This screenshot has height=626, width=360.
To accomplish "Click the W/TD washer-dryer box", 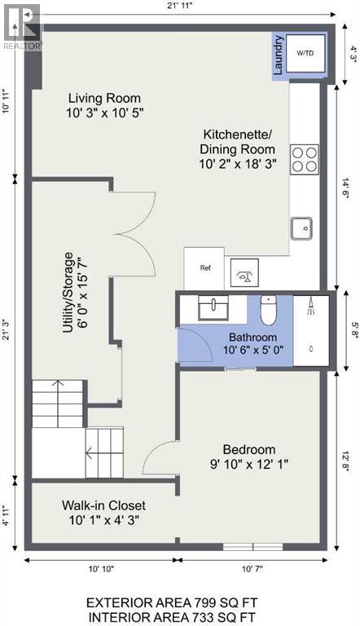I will point(305,55).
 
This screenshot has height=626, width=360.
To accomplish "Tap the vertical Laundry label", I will point(278,55).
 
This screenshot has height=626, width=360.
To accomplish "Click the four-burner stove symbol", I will point(305,158).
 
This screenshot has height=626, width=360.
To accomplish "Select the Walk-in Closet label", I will point(104,505).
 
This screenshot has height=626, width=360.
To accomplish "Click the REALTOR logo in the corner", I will point(20,24).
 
